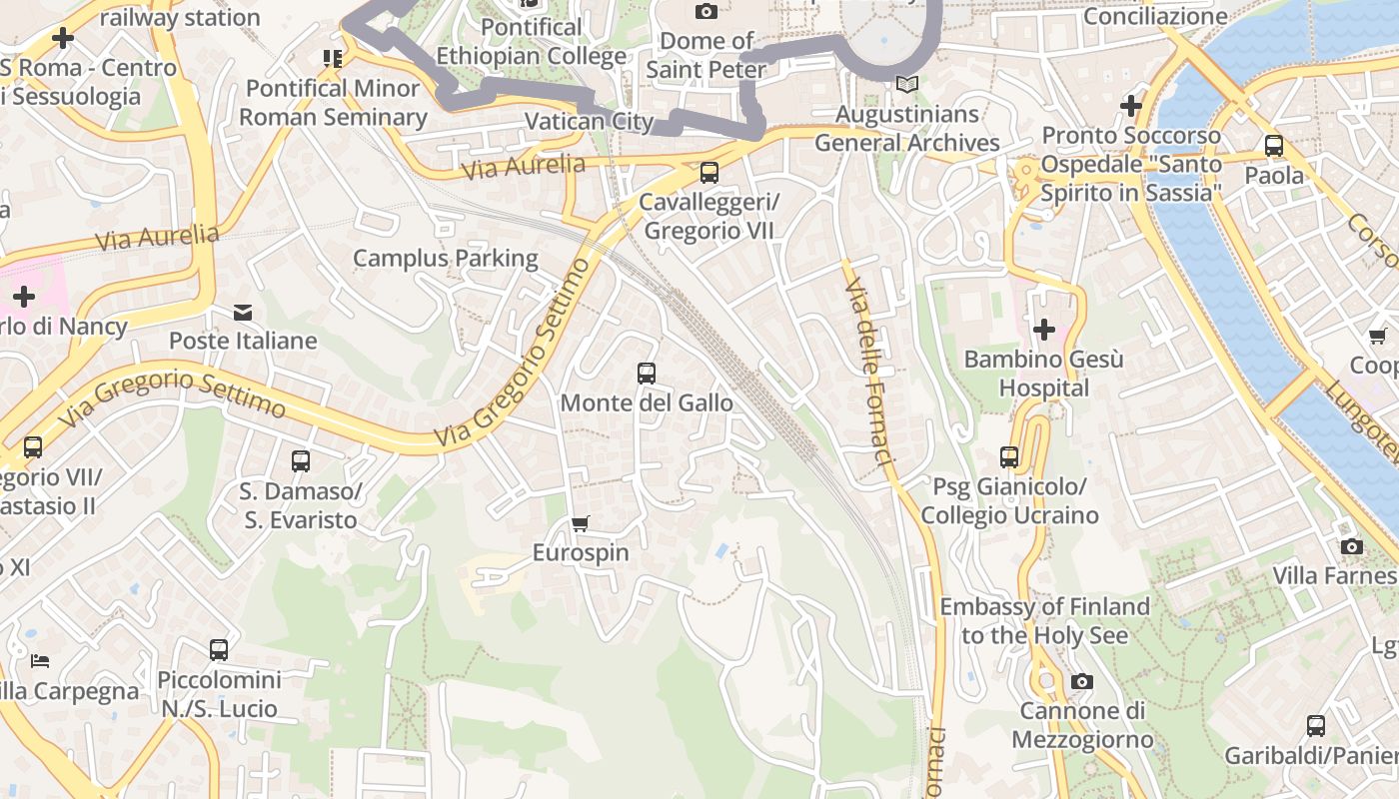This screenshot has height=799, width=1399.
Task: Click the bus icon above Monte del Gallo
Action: point(647,374)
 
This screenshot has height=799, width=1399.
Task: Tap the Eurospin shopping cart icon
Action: point(581,523)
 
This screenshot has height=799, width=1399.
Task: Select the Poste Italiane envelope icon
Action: point(243,313)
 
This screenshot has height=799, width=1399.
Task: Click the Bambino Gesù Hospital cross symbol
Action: point(1044,329)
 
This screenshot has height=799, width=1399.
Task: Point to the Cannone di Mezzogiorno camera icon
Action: point(1081,682)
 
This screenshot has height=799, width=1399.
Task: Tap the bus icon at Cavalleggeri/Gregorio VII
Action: point(709,173)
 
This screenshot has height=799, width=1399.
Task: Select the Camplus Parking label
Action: point(446,259)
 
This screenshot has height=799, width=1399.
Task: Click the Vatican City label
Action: point(589,122)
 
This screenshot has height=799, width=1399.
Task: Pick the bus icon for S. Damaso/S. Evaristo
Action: point(301,461)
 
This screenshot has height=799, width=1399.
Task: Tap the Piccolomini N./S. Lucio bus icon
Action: point(219,650)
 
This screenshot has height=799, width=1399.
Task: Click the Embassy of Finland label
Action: point(1044,620)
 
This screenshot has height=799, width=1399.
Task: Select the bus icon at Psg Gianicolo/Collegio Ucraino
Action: point(1009,457)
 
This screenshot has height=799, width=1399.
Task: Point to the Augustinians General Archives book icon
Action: point(906,85)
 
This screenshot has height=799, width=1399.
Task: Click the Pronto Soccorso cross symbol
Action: point(1131,105)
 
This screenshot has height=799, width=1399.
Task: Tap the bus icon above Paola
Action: point(1274,146)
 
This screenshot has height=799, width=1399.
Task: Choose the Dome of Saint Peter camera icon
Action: point(706,12)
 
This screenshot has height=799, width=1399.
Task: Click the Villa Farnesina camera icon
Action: point(1352,546)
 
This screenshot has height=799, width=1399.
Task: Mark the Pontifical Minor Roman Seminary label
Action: point(333,103)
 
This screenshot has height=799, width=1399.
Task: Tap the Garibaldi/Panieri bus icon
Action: point(1316,726)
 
